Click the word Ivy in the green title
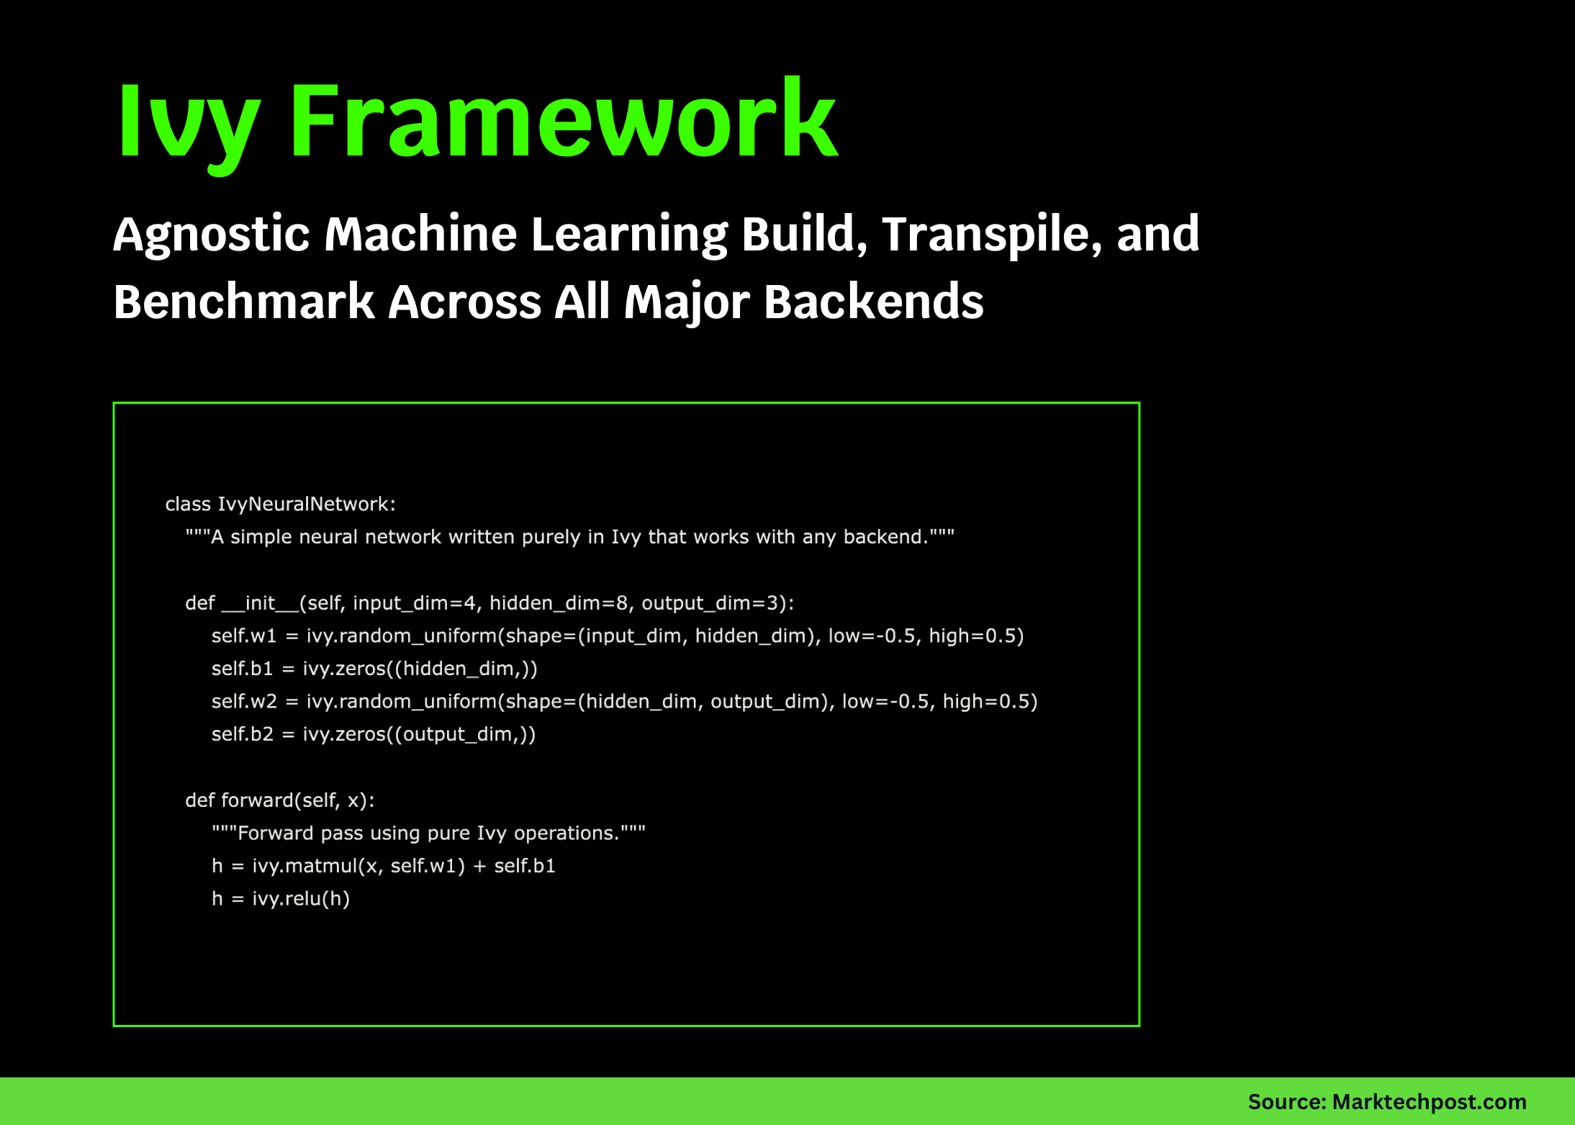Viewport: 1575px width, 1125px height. click(187, 122)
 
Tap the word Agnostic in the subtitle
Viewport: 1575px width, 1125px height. click(212, 235)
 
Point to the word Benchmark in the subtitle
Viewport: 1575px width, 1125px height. click(243, 302)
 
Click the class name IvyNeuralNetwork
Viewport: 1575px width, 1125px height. click(306, 504)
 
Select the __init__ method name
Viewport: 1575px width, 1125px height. click(260, 603)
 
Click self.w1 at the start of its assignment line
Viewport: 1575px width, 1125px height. click(243, 636)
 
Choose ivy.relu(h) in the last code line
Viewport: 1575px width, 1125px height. click(300, 899)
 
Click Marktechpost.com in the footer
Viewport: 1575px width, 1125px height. click(1429, 1102)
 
